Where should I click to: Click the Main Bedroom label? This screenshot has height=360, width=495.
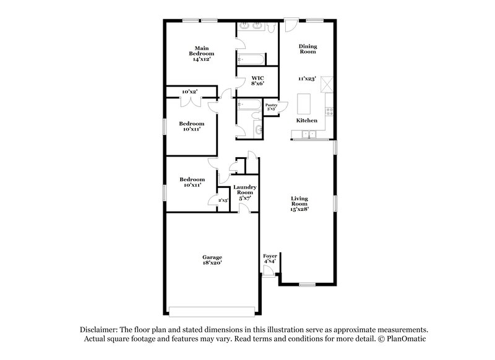[x=200, y=54]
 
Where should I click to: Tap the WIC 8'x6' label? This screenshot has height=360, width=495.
[x=257, y=81]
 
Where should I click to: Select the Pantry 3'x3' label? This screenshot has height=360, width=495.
[x=271, y=107]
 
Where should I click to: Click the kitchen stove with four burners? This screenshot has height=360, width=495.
[x=330, y=113]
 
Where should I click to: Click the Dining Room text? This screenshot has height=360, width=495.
[x=308, y=49]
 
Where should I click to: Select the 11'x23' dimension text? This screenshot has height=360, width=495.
[x=308, y=79]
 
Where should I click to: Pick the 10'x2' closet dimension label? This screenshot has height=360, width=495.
[x=189, y=92]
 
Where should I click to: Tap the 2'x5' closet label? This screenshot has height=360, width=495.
[x=223, y=200]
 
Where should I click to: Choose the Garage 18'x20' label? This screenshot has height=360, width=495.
[x=212, y=260]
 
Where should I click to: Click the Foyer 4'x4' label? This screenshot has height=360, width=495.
[x=270, y=258]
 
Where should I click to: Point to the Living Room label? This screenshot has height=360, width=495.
[x=300, y=204]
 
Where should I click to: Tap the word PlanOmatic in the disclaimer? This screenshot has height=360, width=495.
[x=406, y=339]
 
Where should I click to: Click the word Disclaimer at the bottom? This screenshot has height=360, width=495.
[x=99, y=330]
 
